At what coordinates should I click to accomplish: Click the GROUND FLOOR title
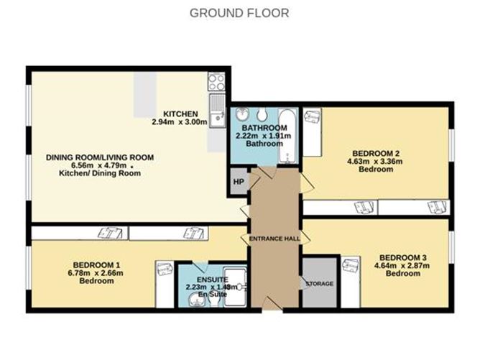(x=239, y=13)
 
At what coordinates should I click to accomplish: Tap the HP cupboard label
(x=237, y=182)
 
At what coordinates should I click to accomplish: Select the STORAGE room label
(x=319, y=284)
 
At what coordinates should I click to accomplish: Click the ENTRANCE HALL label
(x=274, y=239)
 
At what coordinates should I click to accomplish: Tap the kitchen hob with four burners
(x=216, y=81)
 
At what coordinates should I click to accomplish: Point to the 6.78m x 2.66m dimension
(x=96, y=272)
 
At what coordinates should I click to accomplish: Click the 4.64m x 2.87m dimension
(x=402, y=266)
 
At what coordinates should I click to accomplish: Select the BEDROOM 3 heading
(x=402, y=257)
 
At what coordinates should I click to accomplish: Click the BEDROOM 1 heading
(x=96, y=264)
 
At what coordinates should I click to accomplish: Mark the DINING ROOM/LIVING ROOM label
(x=100, y=157)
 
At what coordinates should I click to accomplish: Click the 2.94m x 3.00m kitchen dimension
(x=179, y=122)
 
